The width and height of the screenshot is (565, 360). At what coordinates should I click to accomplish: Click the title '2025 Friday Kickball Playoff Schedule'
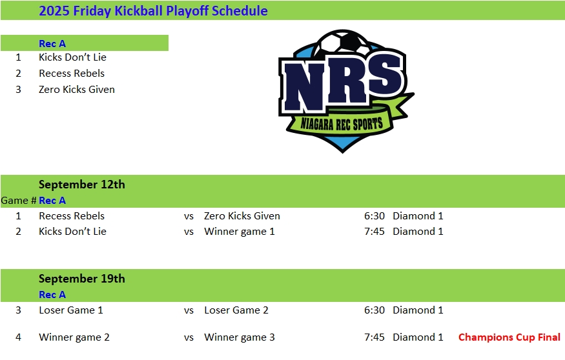[x=153, y=11]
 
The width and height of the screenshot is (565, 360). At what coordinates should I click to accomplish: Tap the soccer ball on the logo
[x=342, y=41]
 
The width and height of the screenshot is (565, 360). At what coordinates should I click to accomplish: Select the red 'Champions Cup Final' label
[x=509, y=337]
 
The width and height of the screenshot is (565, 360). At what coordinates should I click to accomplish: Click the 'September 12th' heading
[x=82, y=185]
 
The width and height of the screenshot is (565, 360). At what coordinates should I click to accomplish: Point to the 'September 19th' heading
[x=82, y=279]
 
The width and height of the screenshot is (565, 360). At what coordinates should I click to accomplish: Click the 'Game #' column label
[x=18, y=201]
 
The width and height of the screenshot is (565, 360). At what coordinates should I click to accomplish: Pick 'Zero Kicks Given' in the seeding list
[x=77, y=89]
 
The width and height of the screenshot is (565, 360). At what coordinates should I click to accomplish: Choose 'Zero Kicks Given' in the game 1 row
[x=242, y=216]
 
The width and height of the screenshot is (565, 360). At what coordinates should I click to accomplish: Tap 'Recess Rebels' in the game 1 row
[x=72, y=216]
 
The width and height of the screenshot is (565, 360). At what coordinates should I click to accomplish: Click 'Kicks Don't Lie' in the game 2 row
[x=72, y=232]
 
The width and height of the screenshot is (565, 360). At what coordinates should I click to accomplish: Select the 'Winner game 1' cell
[x=240, y=232]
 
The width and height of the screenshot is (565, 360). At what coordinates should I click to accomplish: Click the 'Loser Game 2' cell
[x=236, y=310]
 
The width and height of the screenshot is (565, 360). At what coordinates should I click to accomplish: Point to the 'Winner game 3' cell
[x=240, y=337]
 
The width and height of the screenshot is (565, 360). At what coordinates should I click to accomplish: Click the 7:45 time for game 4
[x=375, y=337]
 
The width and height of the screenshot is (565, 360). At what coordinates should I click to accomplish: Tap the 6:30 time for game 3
[x=375, y=310]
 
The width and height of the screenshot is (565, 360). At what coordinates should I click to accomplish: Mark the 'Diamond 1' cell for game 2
[x=418, y=232]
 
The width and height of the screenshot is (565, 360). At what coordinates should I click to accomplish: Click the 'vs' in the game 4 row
[x=189, y=337]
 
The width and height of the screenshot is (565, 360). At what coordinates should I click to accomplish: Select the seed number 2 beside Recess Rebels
[x=18, y=74]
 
